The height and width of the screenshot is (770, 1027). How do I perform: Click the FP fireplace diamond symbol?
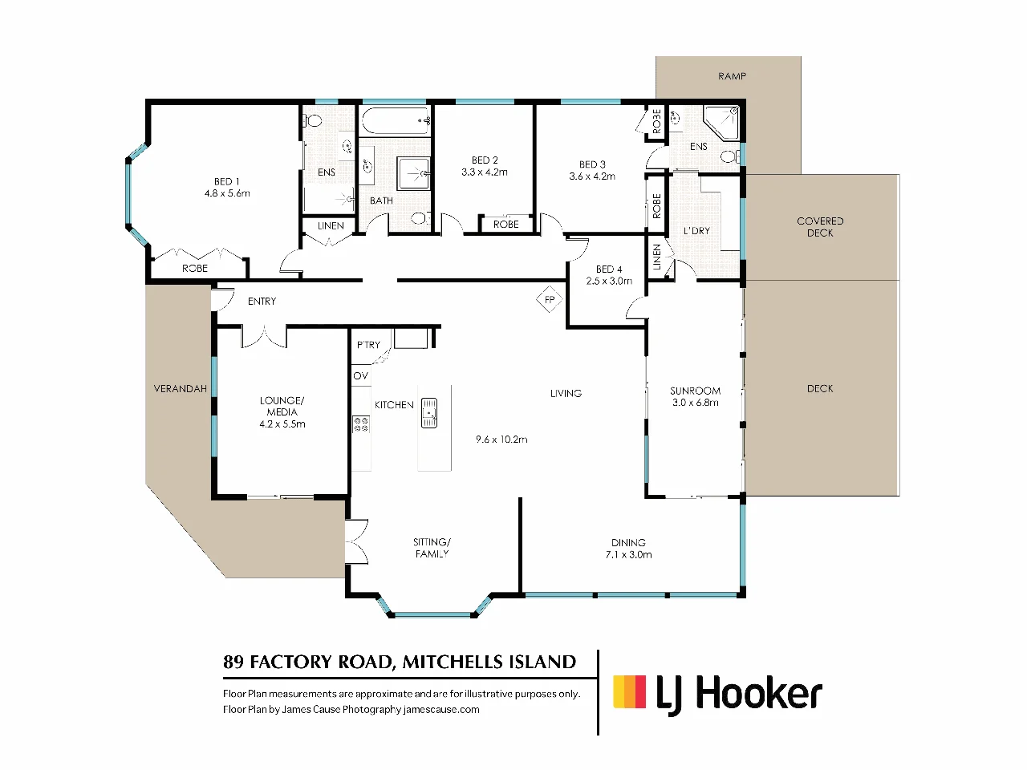[550, 299]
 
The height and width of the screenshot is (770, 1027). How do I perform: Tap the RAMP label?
[732, 75]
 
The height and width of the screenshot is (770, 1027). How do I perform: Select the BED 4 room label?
[609, 269]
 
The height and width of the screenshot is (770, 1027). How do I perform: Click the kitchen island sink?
[429, 412]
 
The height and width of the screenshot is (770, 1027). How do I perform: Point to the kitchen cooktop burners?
[361, 424]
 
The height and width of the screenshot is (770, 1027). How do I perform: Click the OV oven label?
[361, 375]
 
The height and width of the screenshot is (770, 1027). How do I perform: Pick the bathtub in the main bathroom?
[395, 121]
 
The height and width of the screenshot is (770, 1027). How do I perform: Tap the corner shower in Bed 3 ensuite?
[721, 123]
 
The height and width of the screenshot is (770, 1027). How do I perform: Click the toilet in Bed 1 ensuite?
[312, 121]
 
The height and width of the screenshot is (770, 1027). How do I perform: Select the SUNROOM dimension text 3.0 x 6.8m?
[696, 403]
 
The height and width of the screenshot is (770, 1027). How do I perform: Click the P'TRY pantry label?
[369, 345]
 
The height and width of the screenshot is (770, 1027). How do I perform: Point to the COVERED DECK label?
[820, 227]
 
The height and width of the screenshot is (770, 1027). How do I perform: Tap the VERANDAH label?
[181, 388]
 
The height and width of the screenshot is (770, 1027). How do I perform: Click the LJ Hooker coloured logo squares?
[629, 691]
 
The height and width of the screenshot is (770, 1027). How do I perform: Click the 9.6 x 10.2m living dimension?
[501, 440]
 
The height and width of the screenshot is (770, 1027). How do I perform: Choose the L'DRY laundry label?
[696, 231]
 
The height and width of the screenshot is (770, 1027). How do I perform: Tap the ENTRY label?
[262, 301]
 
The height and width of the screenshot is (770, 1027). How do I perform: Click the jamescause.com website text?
[441, 709]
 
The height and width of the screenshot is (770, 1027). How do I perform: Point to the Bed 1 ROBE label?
[195, 269]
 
